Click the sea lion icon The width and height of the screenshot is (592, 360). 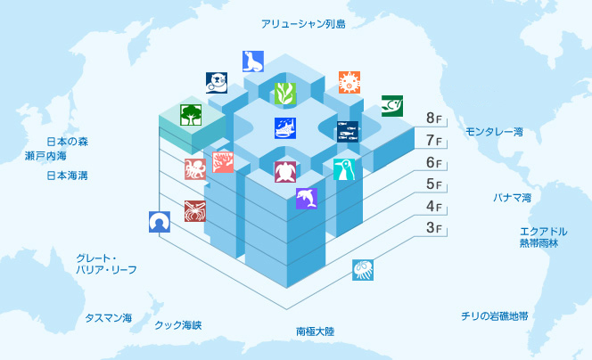pyautogui.click(x=253, y=61)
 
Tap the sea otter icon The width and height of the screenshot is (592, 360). pyautogui.click(x=217, y=83)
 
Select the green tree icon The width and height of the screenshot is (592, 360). pyautogui.click(x=191, y=115)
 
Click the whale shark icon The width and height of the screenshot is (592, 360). pyautogui.click(x=285, y=128)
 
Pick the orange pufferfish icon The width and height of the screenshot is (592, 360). pyautogui.click(x=349, y=82)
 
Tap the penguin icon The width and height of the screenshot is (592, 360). pyautogui.click(x=344, y=169)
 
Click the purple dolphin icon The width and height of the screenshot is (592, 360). pyautogui.click(x=307, y=199)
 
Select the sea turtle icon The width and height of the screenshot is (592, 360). pyautogui.click(x=285, y=172)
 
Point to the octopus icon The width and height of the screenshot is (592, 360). pyautogui.click(x=195, y=169)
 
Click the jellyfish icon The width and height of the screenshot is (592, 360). pyautogui.click(x=363, y=270)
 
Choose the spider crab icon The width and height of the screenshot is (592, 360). pyautogui.click(x=195, y=211)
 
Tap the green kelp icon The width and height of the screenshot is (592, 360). pyautogui.click(x=285, y=94)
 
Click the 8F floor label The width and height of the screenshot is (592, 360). pyautogui.click(x=434, y=119)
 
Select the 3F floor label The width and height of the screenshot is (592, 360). pyautogui.click(x=434, y=228)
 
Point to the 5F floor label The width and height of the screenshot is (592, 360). pyautogui.click(x=434, y=184)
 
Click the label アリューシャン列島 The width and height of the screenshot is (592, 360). pyautogui.click(x=303, y=24)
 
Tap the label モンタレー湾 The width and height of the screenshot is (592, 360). pyautogui.click(x=494, y=132)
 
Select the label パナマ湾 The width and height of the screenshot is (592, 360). pyautogui.click(x=513, y=197)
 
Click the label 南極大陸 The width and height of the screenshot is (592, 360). pyautogui.click(x=316, y=331)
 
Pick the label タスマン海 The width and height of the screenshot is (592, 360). pyautogui.click(x=109, y=318)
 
